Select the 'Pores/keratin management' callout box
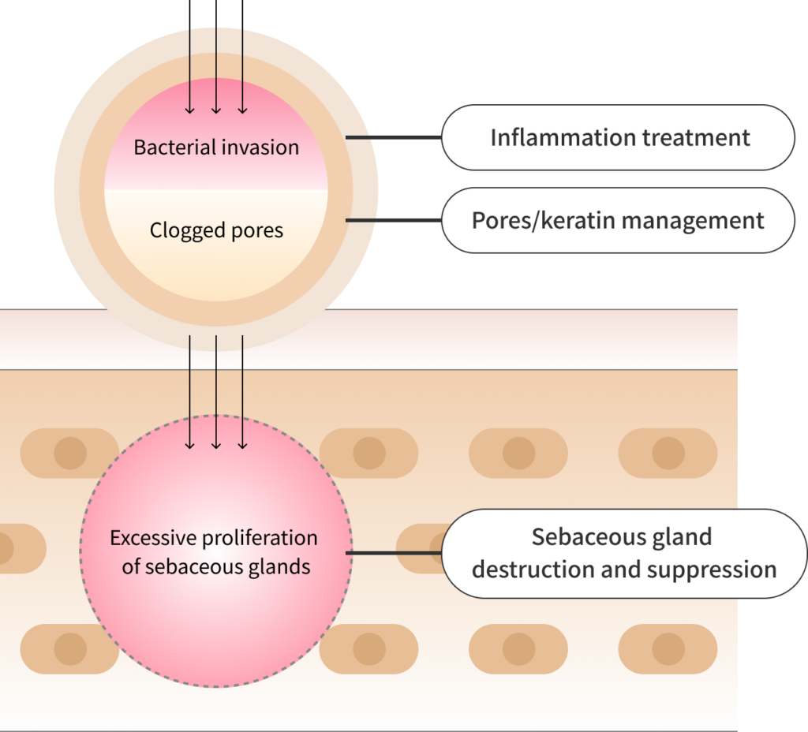618,220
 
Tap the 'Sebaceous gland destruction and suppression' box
623,553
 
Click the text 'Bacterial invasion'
216,148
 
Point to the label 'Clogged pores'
216,231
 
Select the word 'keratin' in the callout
574,220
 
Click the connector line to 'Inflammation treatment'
393,137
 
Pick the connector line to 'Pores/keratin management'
393,220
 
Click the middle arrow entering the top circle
216,71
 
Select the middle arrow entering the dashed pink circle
216,394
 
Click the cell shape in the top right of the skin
668,454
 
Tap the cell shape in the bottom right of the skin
668,649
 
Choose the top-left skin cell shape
69,454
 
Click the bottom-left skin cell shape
69,649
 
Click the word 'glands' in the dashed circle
280,566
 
